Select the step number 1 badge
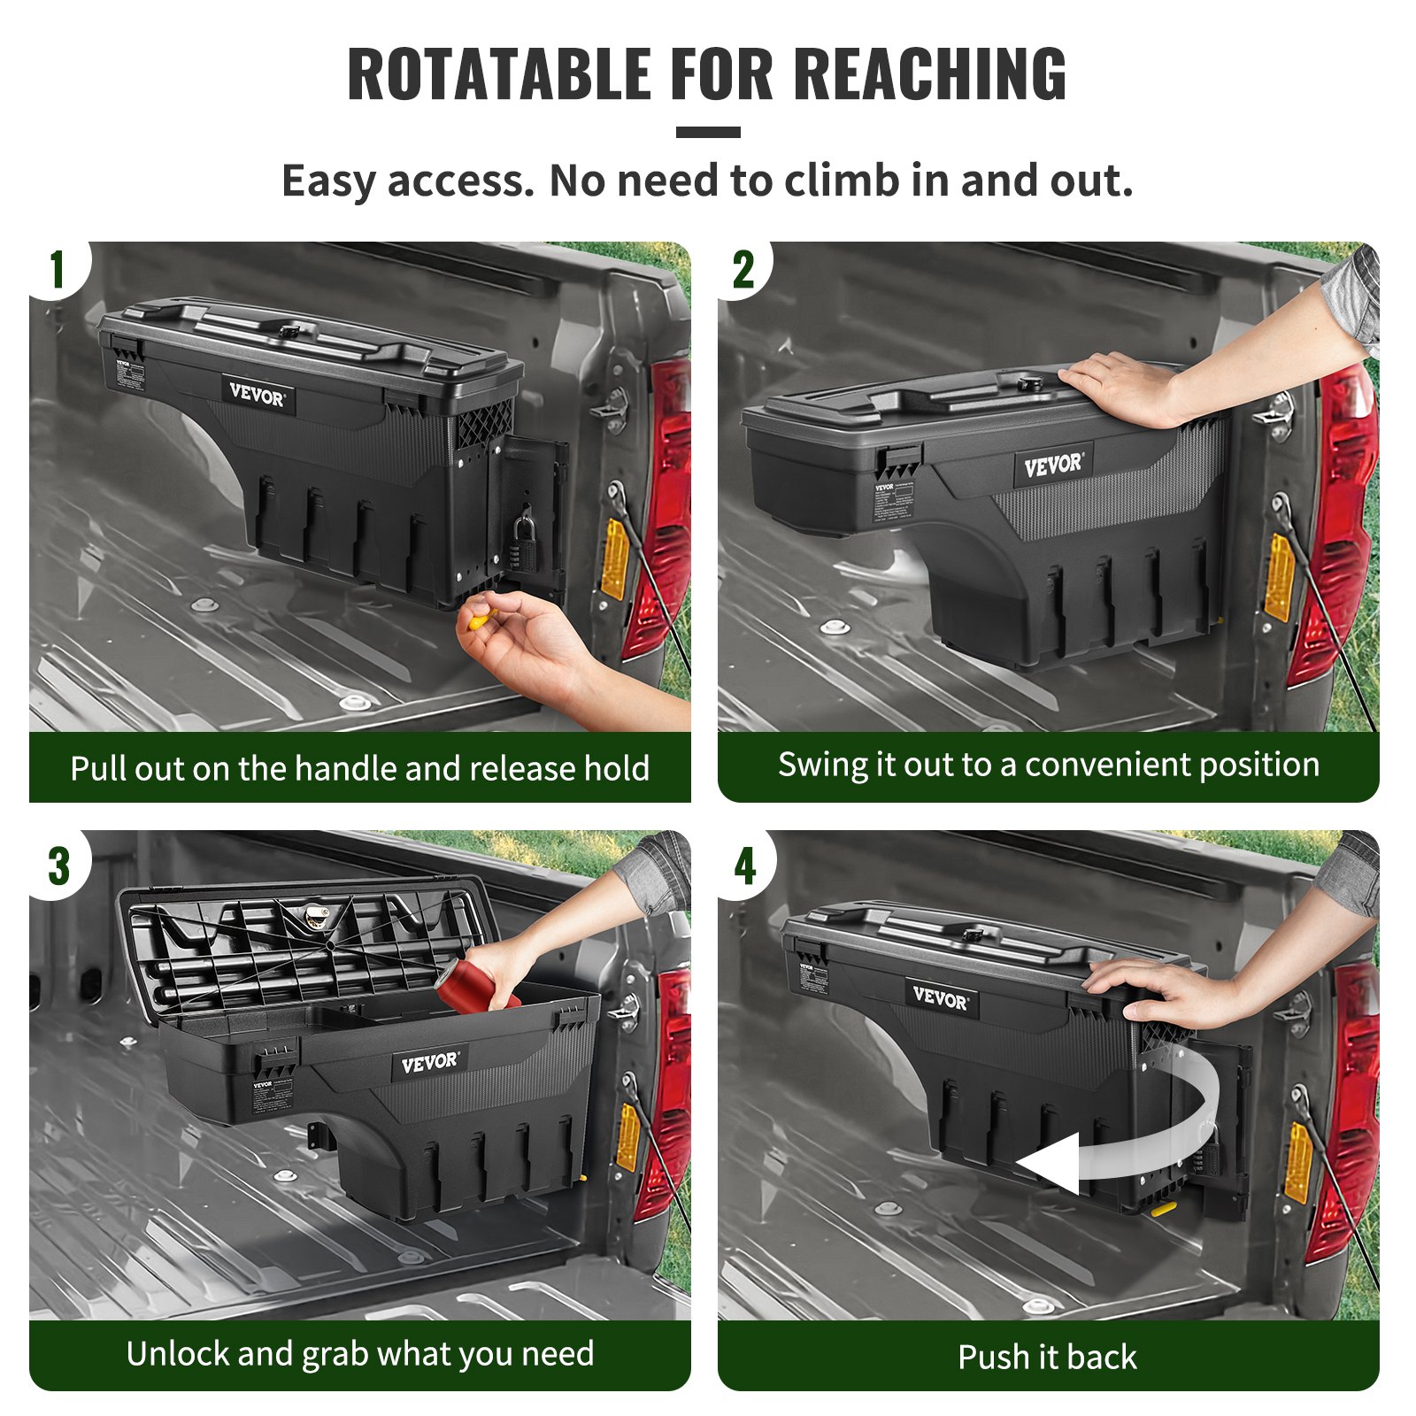[58, 270]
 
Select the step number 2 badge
[743, 270]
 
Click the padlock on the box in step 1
[522, 539]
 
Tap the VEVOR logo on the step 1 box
[258, 395]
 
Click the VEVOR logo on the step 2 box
[1052, 465]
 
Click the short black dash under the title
[708, 133]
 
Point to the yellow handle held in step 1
[481, 619]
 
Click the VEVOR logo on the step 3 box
[429, 1063]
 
